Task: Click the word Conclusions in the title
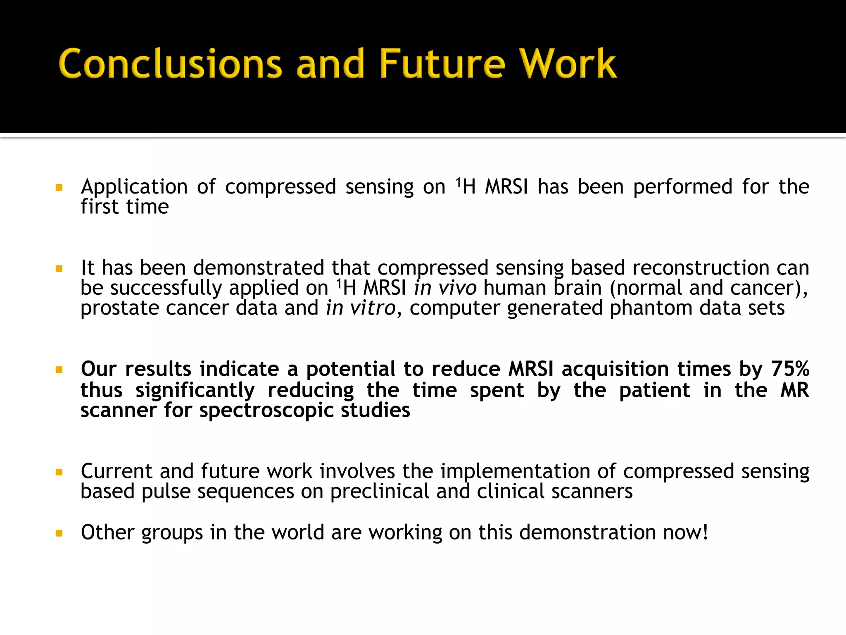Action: tap(170, 64)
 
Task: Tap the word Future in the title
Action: tap(442, 64)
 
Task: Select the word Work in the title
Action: tap(568, 64)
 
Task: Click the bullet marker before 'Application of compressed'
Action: tap(59, 188)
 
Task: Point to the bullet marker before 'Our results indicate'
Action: tap(59, 370)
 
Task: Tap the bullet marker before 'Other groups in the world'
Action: tap(59, 533)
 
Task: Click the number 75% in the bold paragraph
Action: tap(790, 369)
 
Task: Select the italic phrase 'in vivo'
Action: tap(445, 288)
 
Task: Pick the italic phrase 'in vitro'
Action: tap(361, 308)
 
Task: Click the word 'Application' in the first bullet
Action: tap(134, 187)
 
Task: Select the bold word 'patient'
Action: tap(654, 390)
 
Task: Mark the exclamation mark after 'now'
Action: tap(705, 532)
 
